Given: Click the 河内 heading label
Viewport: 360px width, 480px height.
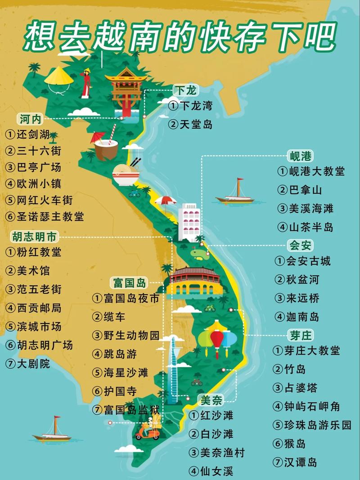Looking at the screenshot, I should tap(31, 119).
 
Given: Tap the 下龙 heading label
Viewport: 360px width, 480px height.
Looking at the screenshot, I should tap(185, 90).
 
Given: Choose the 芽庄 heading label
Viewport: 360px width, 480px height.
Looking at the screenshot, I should tap(300, 335).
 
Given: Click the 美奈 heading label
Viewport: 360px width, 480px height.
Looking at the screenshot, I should tap(211, 399).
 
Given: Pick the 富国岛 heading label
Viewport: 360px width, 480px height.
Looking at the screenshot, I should tap(129, 283).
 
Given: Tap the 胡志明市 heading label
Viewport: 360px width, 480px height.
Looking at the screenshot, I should tap(34, 236).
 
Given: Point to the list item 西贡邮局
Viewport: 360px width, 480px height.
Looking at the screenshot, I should tap(39, 308).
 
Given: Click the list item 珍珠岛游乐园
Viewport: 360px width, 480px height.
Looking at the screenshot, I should tap(318, 425).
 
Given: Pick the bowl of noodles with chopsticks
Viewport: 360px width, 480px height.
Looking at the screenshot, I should tap(126, 173).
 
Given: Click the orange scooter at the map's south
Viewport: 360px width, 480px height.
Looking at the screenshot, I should tap(148, 432).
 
